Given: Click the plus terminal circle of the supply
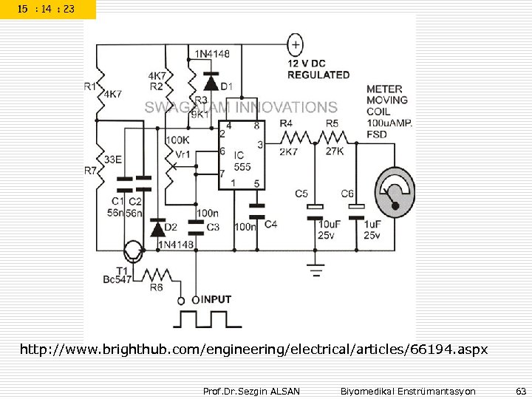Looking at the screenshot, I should tap(295, 45).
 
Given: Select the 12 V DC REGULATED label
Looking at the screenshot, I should tap(318, 69).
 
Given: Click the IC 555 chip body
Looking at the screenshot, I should tap(242, 158).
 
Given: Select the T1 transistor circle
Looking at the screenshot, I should tap(134, 253).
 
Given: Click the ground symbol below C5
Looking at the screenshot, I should tap(316, 270).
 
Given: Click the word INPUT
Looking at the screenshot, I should tap(216, 299).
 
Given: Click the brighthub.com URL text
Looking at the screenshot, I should tap(253, 348).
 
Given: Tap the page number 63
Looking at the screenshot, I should tap(520, 390).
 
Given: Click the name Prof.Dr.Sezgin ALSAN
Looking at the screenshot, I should tap(250, 390).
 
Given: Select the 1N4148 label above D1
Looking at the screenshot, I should tap(211, 54).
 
